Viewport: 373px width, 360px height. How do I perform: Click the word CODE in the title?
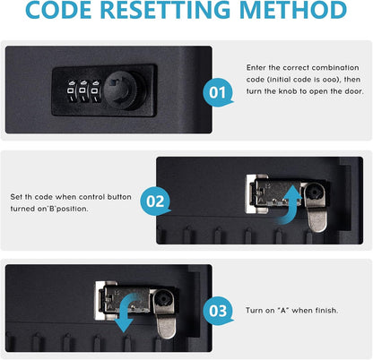coord(58,10)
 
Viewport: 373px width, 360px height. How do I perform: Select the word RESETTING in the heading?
coord(165,10)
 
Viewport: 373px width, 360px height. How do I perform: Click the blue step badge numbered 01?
coord(218,92)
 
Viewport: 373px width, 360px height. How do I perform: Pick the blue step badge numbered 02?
coord(155,201)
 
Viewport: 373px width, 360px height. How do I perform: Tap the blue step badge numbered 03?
coord(218,311)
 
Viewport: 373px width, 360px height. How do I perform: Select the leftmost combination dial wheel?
coord(71,91)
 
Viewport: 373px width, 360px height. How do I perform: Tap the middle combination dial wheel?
coord(82,91)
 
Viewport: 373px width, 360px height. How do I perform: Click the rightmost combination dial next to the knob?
coord(95,91)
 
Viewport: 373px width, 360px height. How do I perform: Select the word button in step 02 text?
coord(119,197)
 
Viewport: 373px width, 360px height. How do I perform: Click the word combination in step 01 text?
coord(335,68)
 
